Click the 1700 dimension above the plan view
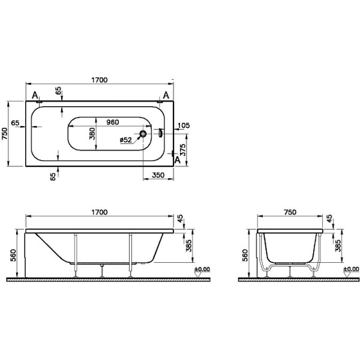100,79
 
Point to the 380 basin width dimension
92,133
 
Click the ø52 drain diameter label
126,140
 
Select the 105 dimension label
184,125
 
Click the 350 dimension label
158,175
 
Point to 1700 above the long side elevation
99,212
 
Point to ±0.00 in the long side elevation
202,269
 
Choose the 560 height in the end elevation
244,256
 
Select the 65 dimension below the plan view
53,176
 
